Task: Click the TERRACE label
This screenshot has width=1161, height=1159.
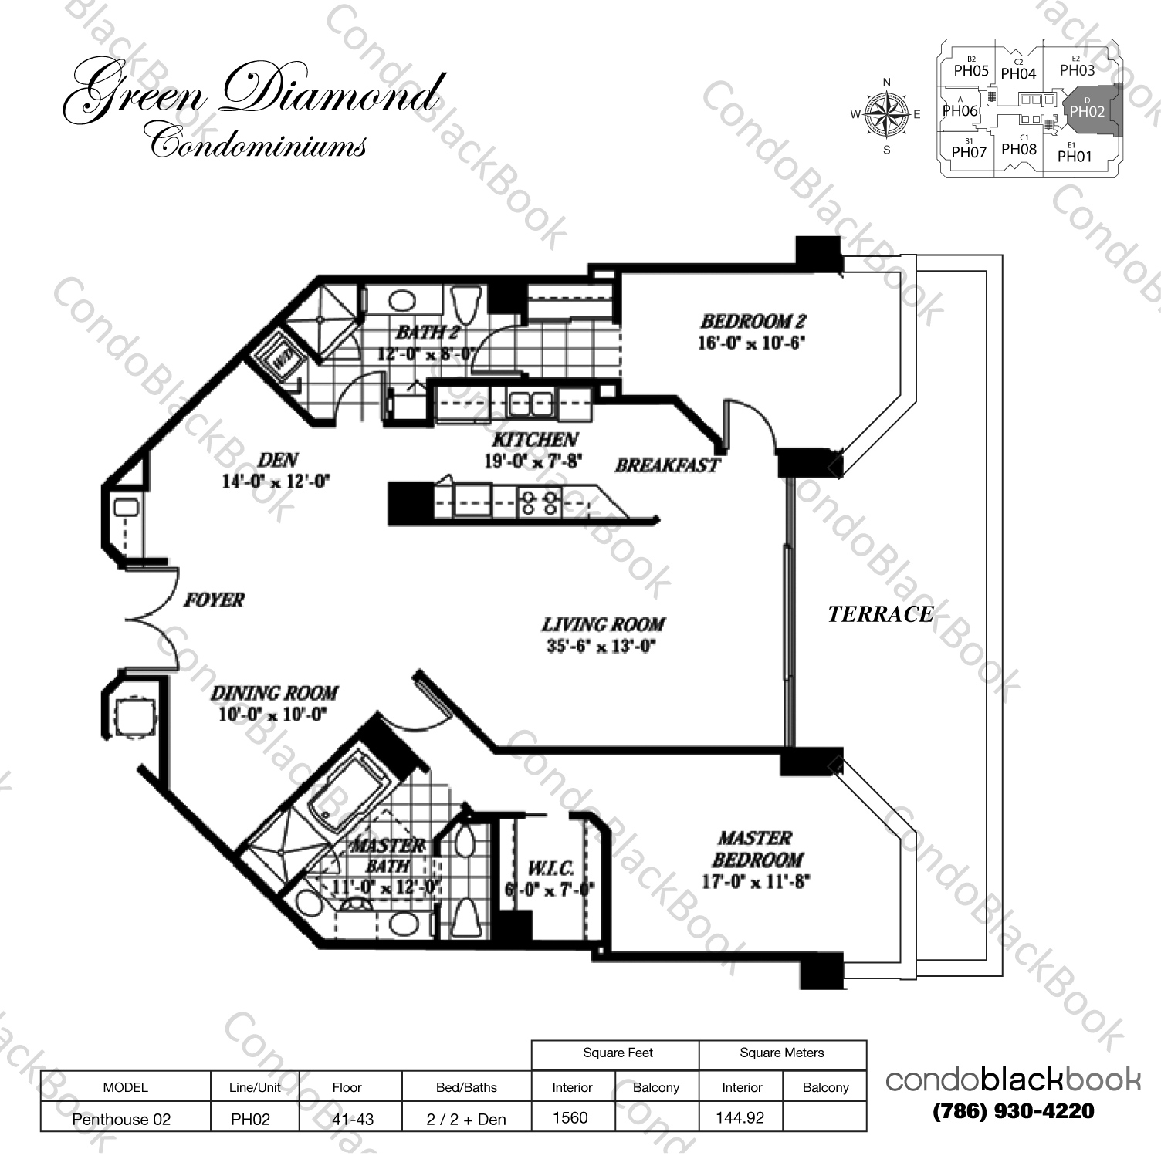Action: (880, 614)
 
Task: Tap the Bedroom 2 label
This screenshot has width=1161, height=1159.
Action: (753, 321)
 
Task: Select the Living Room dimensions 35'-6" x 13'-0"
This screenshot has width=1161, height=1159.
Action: (601, 647)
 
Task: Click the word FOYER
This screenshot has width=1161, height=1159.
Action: (214, 600)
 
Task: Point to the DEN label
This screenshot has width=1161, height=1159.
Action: (277, 460)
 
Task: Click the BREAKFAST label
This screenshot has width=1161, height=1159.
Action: (667, 465)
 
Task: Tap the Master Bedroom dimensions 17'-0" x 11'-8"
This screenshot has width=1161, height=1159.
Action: (754, 881)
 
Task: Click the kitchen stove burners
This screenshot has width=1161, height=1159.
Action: (539, 503)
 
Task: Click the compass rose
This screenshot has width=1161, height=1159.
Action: (886, 115)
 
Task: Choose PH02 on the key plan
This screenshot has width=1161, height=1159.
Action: (1087, 110)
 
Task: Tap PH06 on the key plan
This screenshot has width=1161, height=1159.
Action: (960, 110)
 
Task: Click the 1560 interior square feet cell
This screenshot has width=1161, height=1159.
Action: (570, 1117)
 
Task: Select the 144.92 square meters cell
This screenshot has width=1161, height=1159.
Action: (740, 1117)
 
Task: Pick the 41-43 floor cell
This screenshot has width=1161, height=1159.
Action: (352, 1119)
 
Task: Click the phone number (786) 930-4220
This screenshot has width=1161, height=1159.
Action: (1013, 1111)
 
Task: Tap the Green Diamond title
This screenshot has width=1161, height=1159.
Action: (252, 94)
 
